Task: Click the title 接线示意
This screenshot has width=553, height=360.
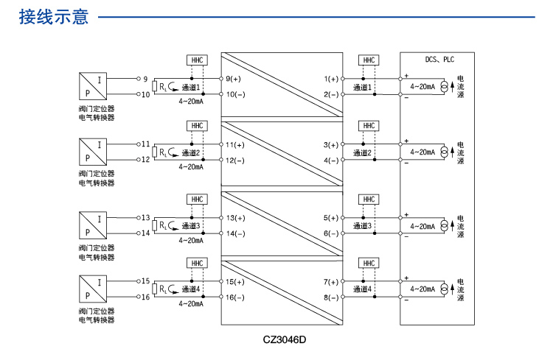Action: [54, 16]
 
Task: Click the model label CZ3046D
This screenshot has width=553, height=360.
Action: [284, 340]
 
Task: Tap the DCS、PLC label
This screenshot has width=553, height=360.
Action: [440, 60]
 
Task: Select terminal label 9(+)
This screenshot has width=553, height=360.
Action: [234, 79]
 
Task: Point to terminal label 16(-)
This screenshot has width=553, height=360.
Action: [235, 297]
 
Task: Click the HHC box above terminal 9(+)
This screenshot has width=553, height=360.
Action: [197, 60]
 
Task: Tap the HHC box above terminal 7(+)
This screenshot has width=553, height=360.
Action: [369, 263]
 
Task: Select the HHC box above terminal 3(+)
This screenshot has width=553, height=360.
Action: [369, 126]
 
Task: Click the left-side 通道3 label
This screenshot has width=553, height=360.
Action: [191, 226]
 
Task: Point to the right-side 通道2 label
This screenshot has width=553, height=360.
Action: [362, 153]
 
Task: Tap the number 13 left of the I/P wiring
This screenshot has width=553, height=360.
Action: [145, 218]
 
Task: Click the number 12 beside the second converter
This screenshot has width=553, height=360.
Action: [145, 160]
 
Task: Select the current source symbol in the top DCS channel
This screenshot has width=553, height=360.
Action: [444, 87]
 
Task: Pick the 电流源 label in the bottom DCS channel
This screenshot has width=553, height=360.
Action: [461, 289]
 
